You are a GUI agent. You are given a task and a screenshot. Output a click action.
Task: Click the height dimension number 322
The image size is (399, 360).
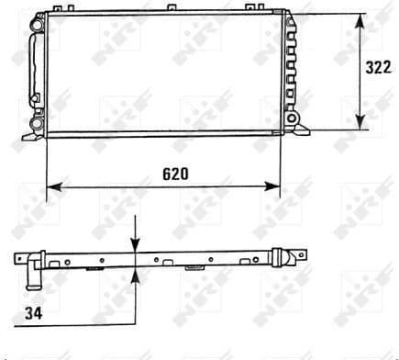[379, 68]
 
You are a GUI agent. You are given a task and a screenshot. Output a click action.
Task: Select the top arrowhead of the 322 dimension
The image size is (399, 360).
[360, 20]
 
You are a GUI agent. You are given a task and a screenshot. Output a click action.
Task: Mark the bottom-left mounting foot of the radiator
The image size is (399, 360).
[22, 140]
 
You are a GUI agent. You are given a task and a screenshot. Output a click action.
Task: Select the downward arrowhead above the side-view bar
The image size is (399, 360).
[136, 246]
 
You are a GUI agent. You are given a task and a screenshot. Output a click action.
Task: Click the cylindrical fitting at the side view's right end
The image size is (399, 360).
[295, 256]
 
